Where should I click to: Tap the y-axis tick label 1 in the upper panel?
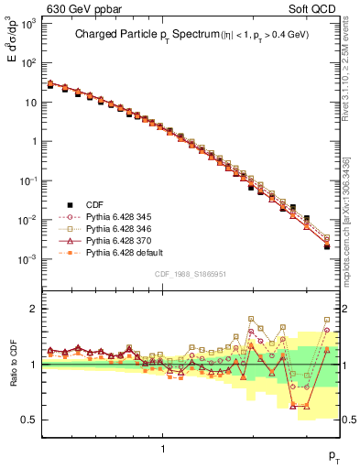coord(34,141)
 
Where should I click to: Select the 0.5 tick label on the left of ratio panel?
coord(30,420)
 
